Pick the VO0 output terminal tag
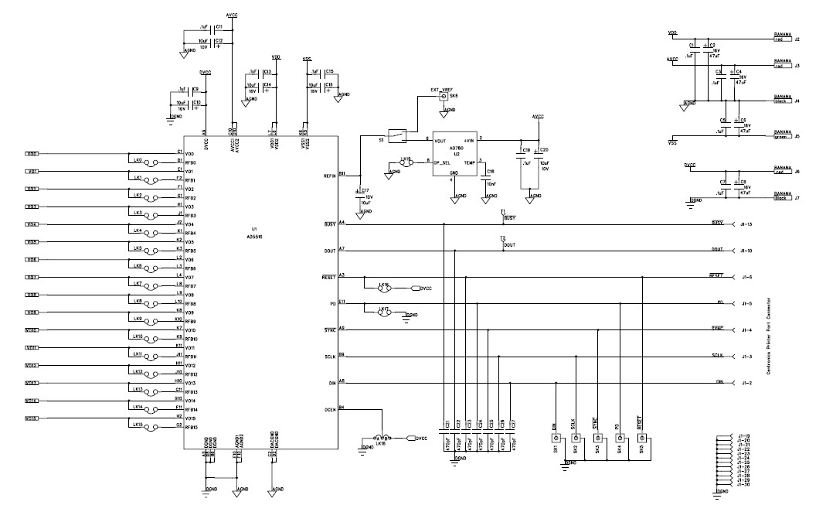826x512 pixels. [x=32, y=153]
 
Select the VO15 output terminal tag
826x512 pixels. [x=32, y=418]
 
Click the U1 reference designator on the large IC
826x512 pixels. [x=254, y=229]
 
